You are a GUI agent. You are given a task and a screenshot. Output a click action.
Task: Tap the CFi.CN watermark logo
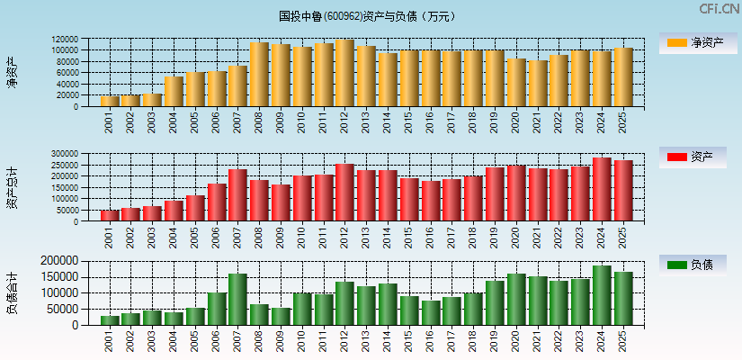pos(720,9)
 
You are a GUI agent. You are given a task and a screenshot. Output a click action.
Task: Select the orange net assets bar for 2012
pos(344,73)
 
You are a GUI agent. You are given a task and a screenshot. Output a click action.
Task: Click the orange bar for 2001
pos(109,101)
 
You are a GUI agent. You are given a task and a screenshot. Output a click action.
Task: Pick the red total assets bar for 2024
pos(602,190)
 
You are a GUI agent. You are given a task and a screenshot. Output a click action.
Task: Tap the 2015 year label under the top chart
pos(409,122)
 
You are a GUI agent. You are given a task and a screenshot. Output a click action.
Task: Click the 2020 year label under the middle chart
pos(516,238)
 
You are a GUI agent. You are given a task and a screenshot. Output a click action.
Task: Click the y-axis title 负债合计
pos(13,292)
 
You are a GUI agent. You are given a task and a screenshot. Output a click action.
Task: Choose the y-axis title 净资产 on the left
pos(13,72)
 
